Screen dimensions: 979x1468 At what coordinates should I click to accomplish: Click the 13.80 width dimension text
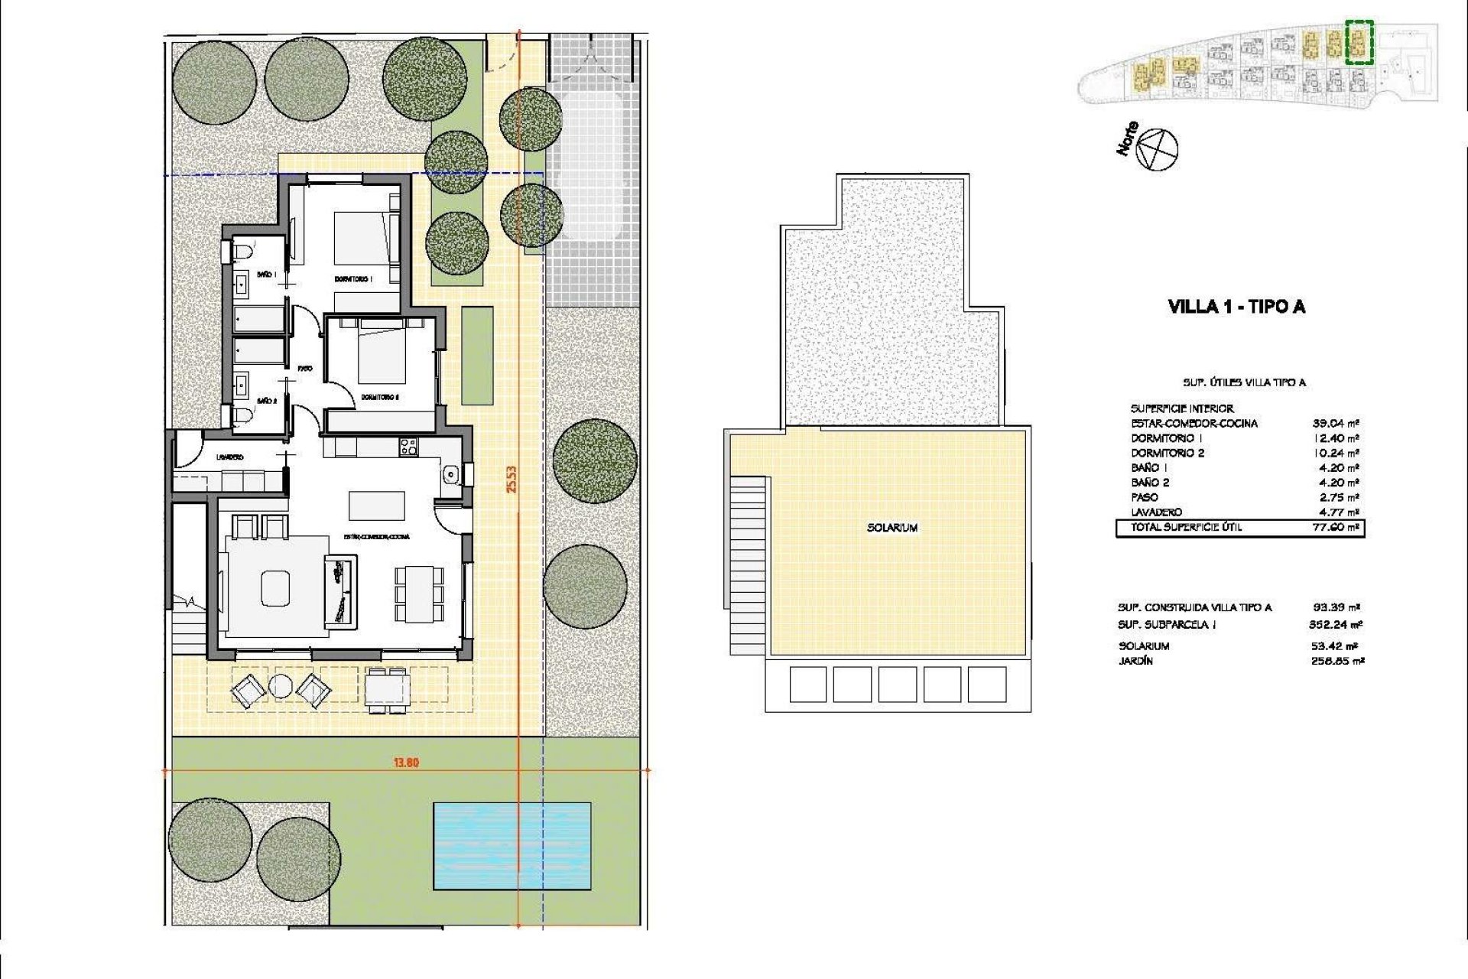click(406, 762)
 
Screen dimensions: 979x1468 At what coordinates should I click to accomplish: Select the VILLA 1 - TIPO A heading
click(1236, 307)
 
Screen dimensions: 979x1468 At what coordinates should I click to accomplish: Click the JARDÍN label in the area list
click(1135, 661)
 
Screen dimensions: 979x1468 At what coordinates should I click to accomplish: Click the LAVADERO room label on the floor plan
click(229, 457)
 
